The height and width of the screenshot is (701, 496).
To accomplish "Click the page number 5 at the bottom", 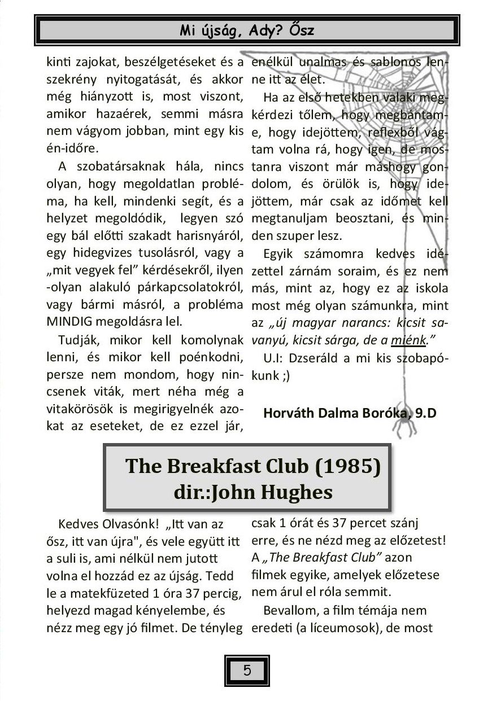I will pyautogui.click(x=247, y=671).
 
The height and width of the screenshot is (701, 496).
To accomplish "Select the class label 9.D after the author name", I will pyautogui.click(x=426, y=413).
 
